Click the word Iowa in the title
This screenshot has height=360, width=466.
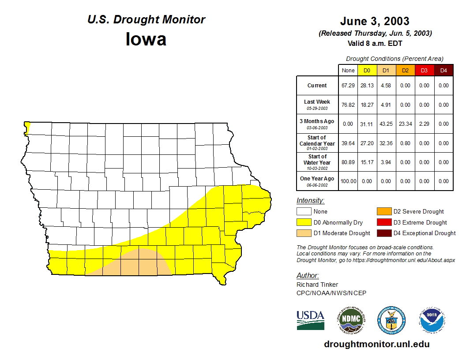tap(146, 39)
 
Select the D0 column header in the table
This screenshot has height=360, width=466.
tap(367, 71)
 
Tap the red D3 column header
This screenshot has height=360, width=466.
tap(424, 71)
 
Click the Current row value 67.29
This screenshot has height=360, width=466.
tap(348, 86)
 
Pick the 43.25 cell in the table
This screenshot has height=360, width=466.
tap(386, 124)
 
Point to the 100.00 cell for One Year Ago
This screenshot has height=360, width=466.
tap(348, 181)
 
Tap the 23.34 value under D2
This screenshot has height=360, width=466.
tap(405, 124)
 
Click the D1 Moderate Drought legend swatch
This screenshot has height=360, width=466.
tap(304, 233)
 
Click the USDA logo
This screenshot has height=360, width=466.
tap(310, 320)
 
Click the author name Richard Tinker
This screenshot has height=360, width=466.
tap(317, 285)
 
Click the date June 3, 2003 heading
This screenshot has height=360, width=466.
tap(375, 21)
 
